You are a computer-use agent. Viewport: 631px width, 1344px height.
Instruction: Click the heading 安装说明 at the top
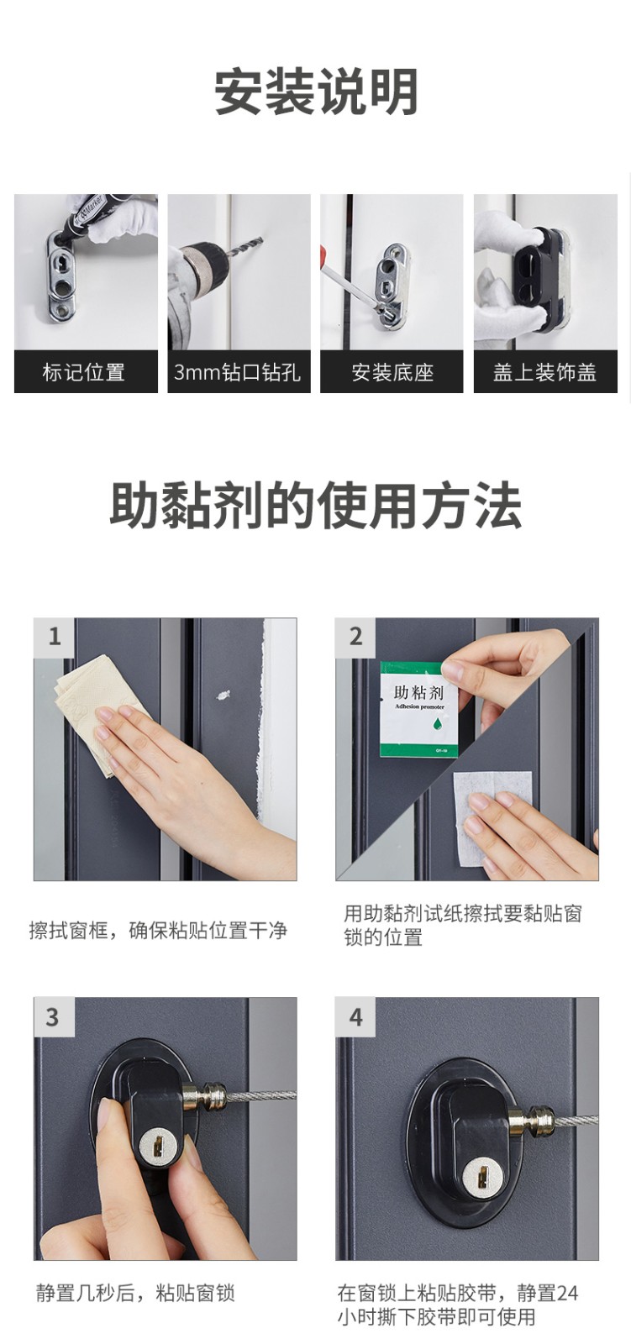[x=316, y=92]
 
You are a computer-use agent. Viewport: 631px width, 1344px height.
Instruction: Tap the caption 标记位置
[x=83, y=372]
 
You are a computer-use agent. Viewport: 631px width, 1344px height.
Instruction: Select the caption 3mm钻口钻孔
[x=238, y=372]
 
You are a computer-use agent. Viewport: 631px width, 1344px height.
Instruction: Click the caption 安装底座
[x=392, y=372]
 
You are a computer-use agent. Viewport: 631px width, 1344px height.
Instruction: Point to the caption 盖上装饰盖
[x=544, y=372]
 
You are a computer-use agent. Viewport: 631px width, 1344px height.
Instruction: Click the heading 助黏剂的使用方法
[x=316, y=505]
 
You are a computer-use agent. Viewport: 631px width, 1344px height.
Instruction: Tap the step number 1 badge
[x=55, y=637]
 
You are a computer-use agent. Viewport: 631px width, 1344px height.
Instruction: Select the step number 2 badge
[x=355, y=637]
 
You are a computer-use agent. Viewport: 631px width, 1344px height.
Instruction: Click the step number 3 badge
[x=53, y=1016]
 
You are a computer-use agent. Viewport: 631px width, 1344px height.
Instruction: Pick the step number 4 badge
[x=355, y=1016]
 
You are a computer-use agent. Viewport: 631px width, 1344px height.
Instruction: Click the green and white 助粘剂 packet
[x=418, y=709]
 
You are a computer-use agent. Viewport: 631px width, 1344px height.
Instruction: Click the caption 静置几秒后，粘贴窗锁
[x=135, y=1292]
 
